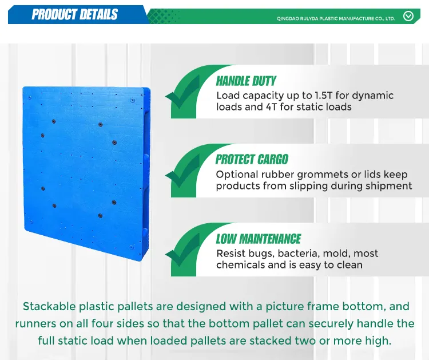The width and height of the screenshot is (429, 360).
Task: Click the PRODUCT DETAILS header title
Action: pyautogui.click(x=74, y=15)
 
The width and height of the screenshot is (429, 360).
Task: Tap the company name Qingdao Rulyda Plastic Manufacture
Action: pyautogui.click(x=336, y=18)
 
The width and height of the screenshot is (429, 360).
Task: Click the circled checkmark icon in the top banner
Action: pyautogui.click(x=408, y=16)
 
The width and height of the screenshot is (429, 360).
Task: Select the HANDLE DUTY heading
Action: pyautogui.click(x=246, y=81)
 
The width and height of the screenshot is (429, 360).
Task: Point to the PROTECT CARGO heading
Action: pyautogui.click(x=252, y=160)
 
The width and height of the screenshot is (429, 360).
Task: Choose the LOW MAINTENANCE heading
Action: pyautogui.click(x=258, y=239)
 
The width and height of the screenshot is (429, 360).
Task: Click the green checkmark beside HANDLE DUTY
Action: pyautogui.click(x=182, y=95)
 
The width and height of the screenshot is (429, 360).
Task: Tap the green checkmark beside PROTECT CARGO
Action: pyautogui.click(x=182, y=174)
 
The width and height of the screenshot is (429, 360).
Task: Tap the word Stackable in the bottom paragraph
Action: pyautogui.click(x=49, y=306)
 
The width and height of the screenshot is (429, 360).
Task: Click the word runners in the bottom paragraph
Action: pyautogui.click(x=35, y=323)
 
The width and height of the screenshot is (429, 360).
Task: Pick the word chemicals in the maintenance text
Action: pyautogui.click(x=241, y=265)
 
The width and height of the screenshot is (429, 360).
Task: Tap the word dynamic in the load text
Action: pyautogui.click(x=372, y=96)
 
